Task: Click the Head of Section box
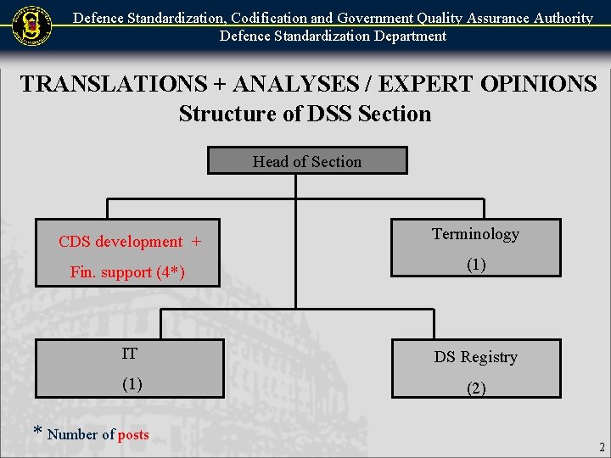(x=307, y=161)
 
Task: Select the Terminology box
(x=475, y=248)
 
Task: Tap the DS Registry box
(x=475, y=368)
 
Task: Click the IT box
(x=129, y=368)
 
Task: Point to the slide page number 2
(x=602, y=447)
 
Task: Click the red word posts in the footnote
(x=133, y=435)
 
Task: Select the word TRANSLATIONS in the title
(x=113, y=85)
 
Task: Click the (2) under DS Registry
(x=475, y=389)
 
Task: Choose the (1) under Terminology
(x=475, y=265)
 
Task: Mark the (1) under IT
(x=131, y=384)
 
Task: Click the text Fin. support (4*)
(x=127, y=272)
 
